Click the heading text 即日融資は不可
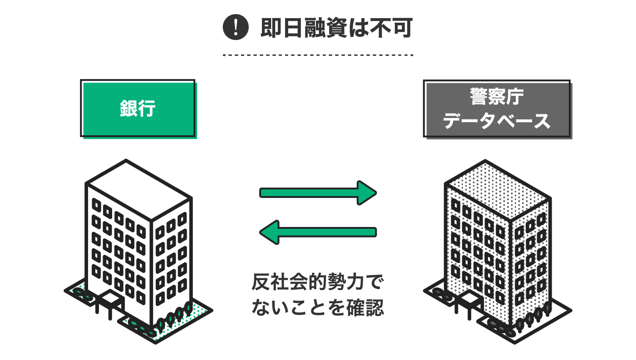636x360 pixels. point(335,28)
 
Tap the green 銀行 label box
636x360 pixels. point(138,108)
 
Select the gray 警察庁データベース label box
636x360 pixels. point(497,108)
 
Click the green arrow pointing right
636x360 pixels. point(318,193)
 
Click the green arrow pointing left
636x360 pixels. point(318,232)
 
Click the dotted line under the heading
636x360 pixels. point(318,55)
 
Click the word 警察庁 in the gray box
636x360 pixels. point(497,97)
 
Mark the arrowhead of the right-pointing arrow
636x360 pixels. point(367,193)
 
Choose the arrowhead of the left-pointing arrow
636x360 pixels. point(269,232)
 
